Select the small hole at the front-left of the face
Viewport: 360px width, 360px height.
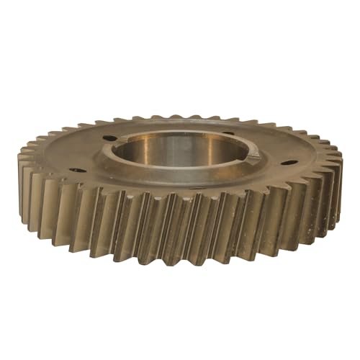[77, 171]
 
